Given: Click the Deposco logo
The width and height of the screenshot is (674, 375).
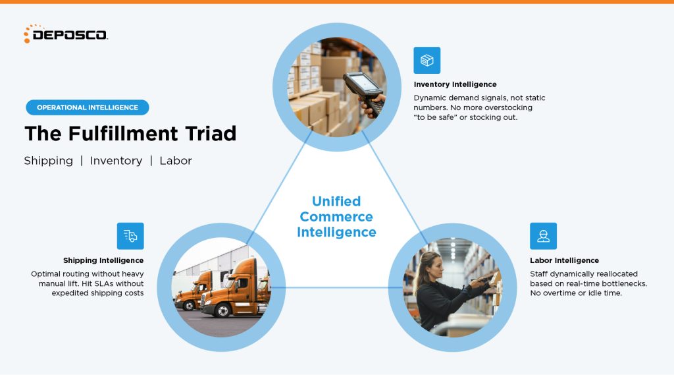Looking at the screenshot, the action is (x=65, y=34).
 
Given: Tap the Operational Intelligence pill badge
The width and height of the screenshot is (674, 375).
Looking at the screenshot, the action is (x=88, y=107).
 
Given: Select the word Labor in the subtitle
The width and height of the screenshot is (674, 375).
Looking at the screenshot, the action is (x=176, y=161).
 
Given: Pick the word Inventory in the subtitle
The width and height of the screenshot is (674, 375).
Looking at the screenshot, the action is (x=116, y=161).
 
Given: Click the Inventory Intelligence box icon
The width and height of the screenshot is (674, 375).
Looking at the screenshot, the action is (x=427, y=61).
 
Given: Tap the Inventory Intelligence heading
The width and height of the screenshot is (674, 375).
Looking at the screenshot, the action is (x=455, y=84).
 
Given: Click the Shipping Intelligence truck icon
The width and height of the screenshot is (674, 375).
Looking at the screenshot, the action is (x=130, y=236).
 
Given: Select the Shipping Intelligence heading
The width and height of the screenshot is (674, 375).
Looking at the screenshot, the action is (x=103, y=260).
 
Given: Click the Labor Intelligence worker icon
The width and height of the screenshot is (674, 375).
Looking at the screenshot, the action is (x=543, y=236).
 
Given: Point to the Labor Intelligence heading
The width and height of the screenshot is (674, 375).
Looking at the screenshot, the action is (x=564, y=260).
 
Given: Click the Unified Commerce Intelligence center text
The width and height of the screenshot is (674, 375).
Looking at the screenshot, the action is (x=336, y=217).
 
